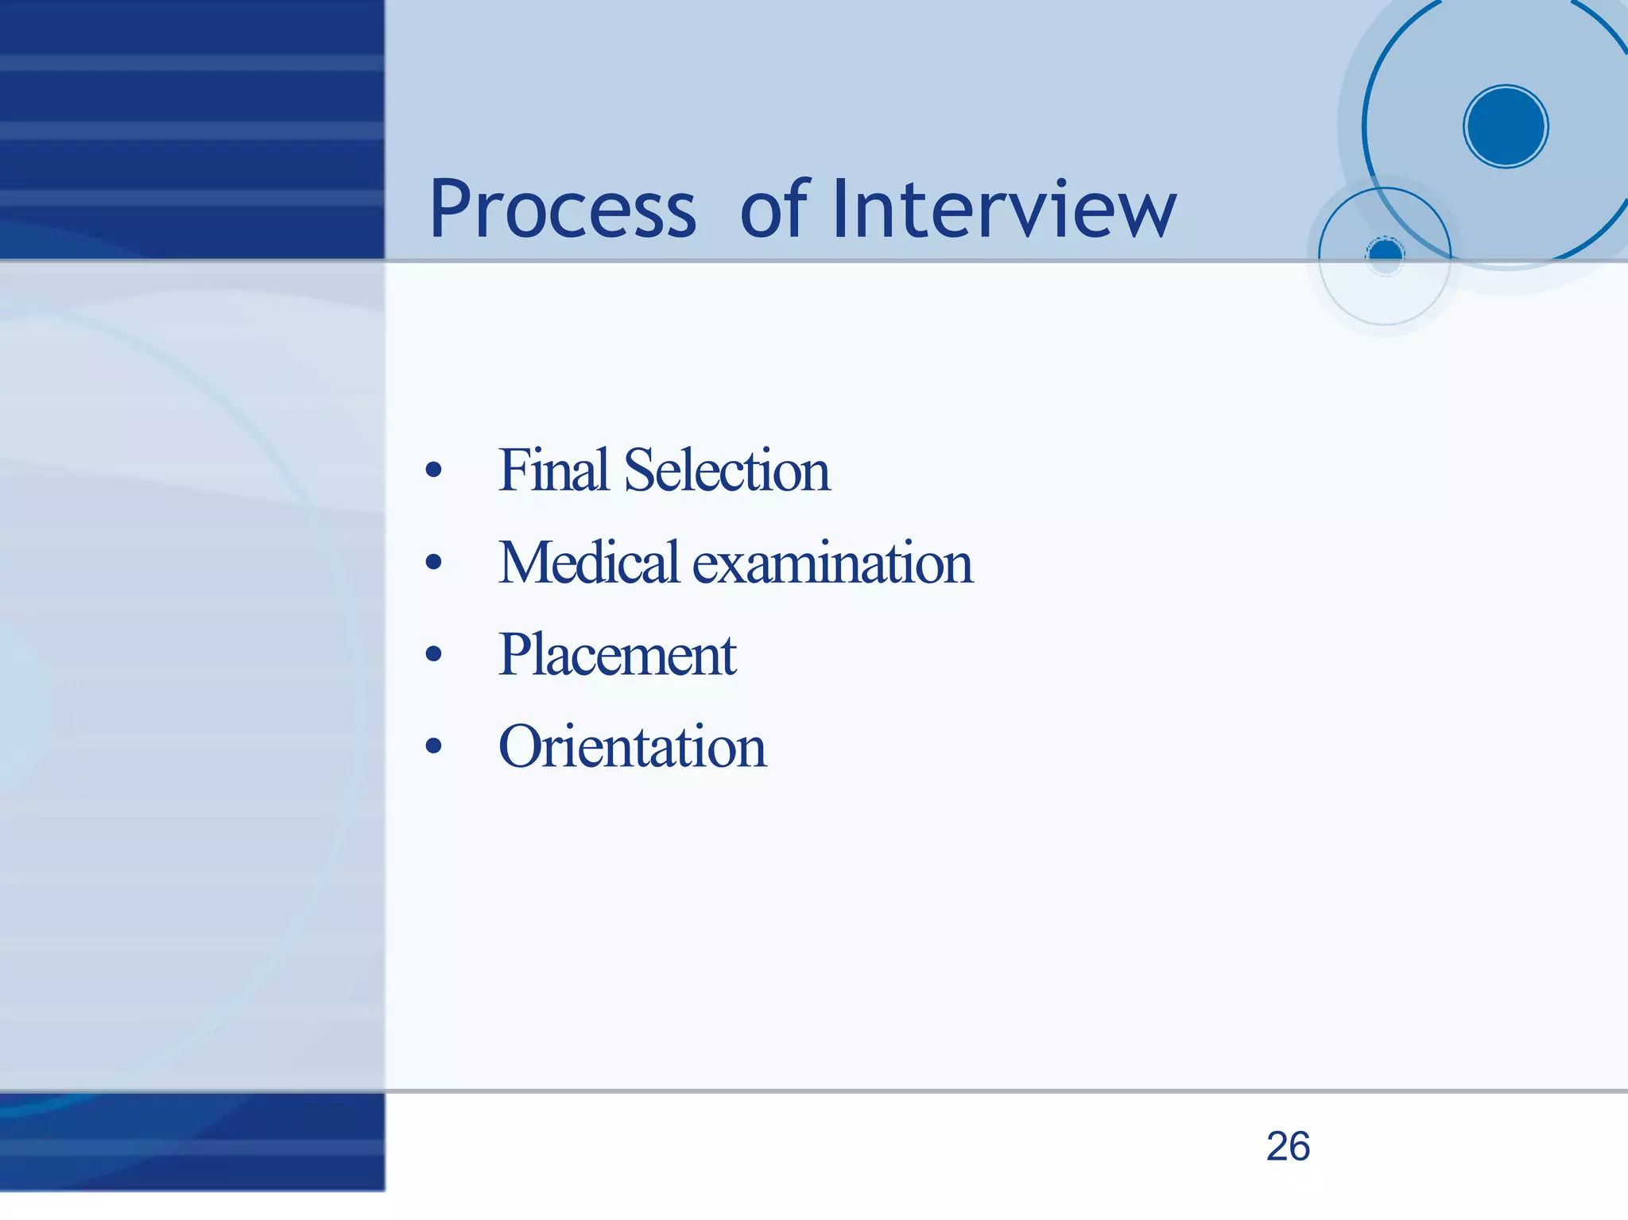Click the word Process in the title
click(x=562, y=210)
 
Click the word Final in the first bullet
click(x=553, y=470)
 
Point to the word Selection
click(x=727, y=470)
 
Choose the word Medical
click(x=588, y=562)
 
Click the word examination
click(x=832, y=563)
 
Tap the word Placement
click(x=617, y=655)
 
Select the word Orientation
click(x=632, y=746)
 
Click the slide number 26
click(x=1288, y=1146)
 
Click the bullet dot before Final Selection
click(x=433, y=470)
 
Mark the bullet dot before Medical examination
click(x=433, y=563)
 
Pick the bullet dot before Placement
click(x=433, y=654)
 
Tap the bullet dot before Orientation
click(x=433, y=746)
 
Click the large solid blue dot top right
click(x=1506, y=126)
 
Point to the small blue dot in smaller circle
click(x=1386, y=254)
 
